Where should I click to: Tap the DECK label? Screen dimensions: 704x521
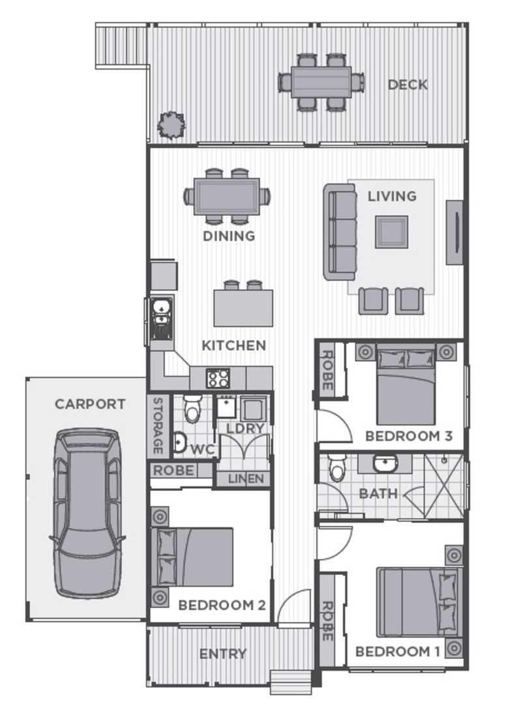pyautogui.click(x=408, y=85)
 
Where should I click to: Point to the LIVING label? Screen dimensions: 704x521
pyautogui.click(x=392, y=196)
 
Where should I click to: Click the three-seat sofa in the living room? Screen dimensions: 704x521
pyautogui.click(x=340, y=232)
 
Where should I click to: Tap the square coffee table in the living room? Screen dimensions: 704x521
pyautogui.click(x=391, y=232)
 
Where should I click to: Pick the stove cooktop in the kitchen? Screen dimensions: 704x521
pyautogui.click(x=217, y=377)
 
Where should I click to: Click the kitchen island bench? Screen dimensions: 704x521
pyautogui.click(x=243, y=308)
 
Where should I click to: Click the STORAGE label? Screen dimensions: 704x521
pyautogui.click(x=157, y=425)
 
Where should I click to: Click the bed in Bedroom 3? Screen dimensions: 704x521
pyautogui.click(x=406, y=387)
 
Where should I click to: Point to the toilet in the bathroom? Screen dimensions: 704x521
pyautogui.click(x=336, y=467)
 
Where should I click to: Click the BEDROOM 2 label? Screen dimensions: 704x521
pyautogui.click(x=222, y=605)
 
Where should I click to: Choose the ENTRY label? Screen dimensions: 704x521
pyautogui.click(x=223, y=654)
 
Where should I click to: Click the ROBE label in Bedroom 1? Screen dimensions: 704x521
pyautogui.click(x=327, y=620)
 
